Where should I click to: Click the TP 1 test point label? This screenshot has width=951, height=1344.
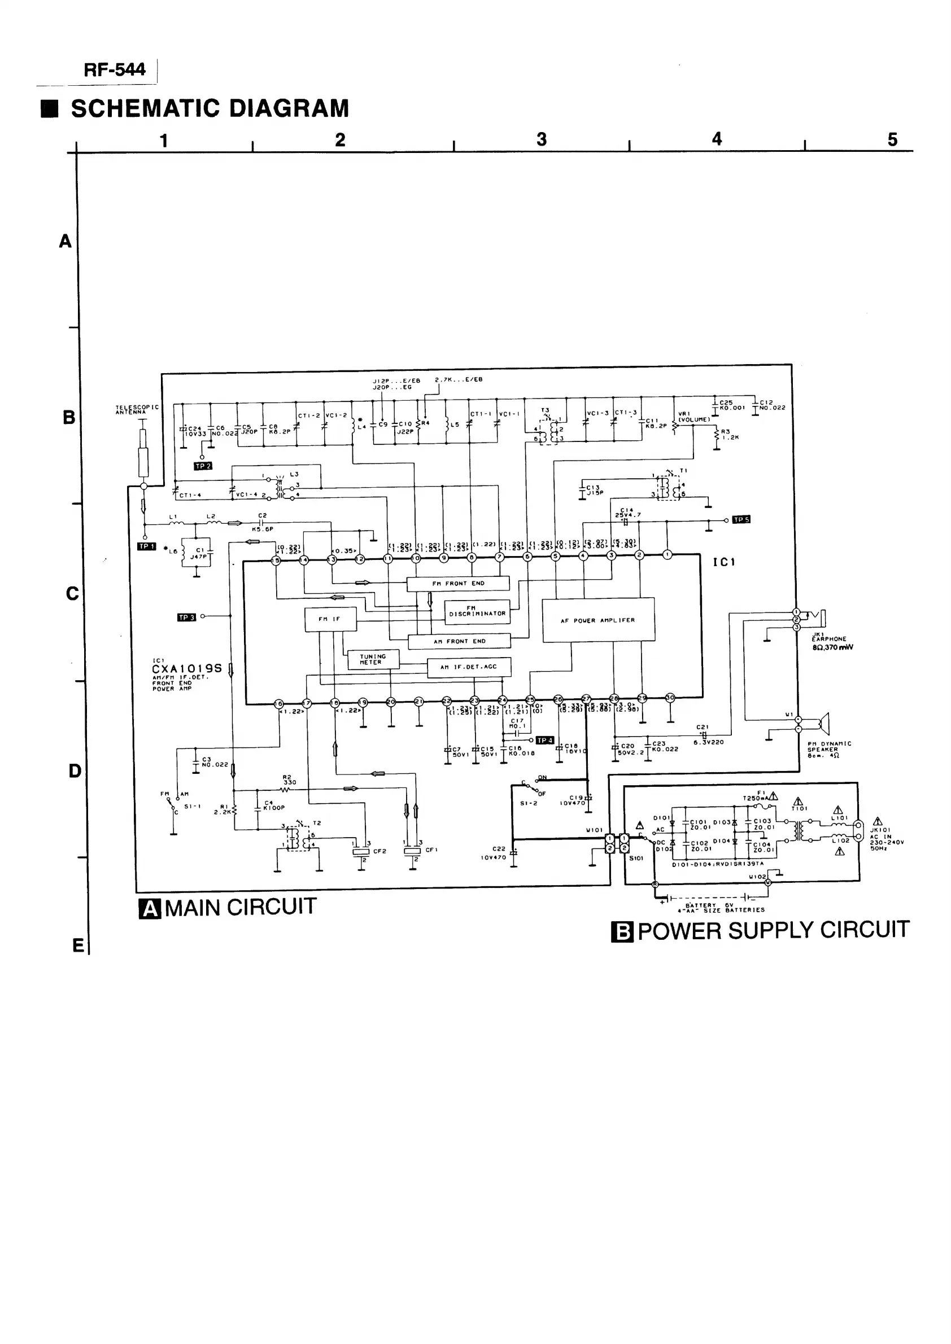(x=146, y=547)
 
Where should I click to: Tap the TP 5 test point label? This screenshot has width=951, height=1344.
(x=741, y=520)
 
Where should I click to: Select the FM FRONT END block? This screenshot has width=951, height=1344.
(x=458, y=584)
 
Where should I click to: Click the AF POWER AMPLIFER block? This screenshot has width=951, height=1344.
(x=598, y=620)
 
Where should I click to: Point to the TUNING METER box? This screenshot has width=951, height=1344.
(x=373, y=659)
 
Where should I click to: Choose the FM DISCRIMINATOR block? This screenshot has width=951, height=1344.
(x=477, y=612)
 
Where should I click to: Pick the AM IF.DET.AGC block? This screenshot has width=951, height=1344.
(x=469, y=667)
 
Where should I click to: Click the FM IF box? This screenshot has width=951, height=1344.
(x=330, y=619)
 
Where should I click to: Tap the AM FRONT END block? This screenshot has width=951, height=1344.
(x=459, y=642)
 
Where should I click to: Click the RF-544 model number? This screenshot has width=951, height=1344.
(x=114, y=70)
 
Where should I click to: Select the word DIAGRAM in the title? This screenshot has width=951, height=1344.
(x=289, y=109)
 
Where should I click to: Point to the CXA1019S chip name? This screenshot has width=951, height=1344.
(x=187, y=668)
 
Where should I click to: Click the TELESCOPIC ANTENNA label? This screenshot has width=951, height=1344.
(x=137, y=410)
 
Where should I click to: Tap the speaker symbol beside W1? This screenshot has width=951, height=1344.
(x=823, y=724)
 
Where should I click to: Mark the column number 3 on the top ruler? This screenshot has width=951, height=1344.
(x=542, y=139)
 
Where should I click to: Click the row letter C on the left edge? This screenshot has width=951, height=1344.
(x=72, y=594)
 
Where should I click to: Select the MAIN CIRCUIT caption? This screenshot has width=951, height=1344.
(x=240, y=907)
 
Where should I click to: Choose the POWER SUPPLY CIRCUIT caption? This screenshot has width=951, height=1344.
(x=773, y=930)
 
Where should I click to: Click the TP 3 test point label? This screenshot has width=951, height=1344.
(x=186, y=618)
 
